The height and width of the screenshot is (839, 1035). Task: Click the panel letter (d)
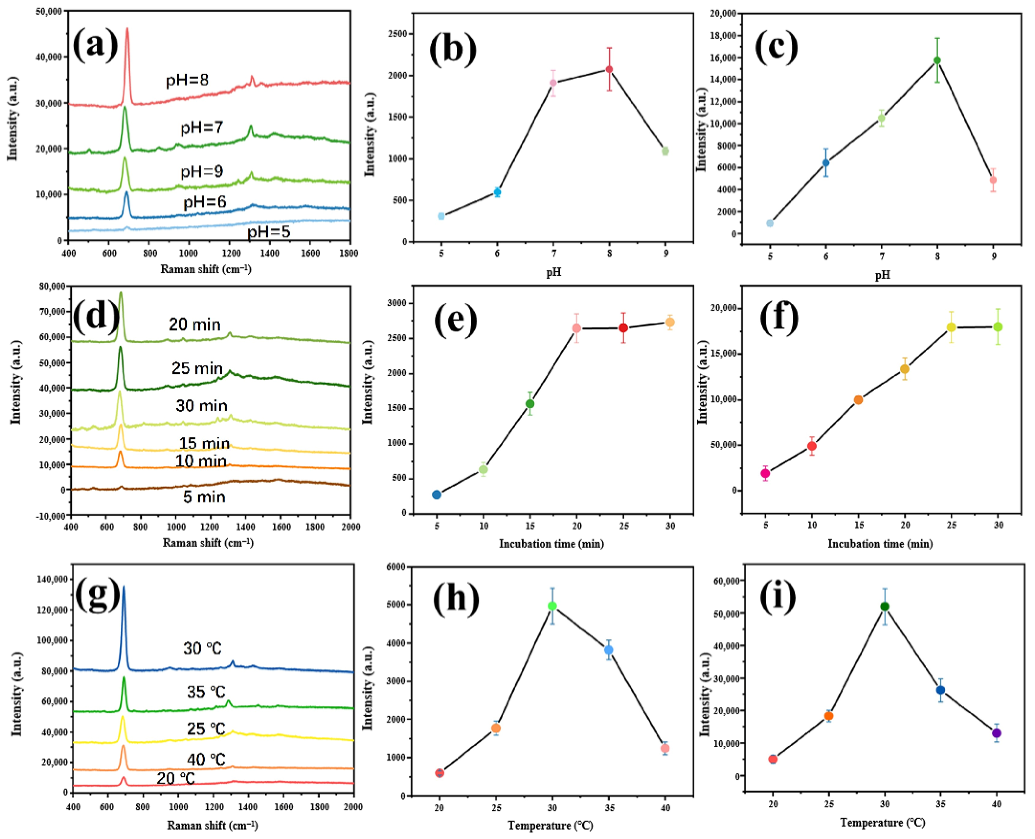point(96,317)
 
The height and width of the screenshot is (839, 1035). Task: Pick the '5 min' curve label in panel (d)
point(204,497)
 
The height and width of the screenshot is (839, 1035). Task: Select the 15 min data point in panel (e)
point(530,404)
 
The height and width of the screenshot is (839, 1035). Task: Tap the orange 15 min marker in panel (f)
point(858,400)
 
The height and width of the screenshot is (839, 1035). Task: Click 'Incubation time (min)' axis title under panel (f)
point(880,544)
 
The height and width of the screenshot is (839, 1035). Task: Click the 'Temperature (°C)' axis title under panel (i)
point(882,823)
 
